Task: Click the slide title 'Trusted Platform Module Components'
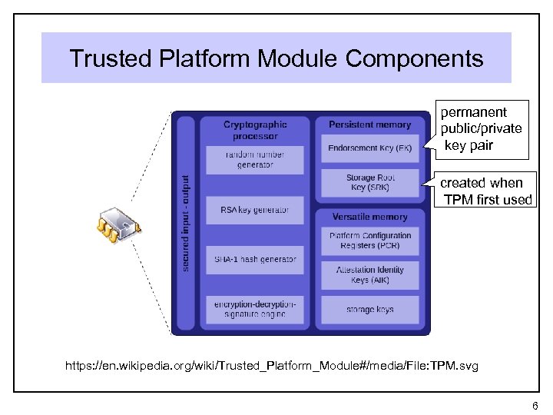pos(276,58)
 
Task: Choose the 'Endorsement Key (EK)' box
pos(369,148)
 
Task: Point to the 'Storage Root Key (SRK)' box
pos(369,182)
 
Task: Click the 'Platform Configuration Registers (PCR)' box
pos(369,241)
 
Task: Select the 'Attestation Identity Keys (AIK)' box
pos(369,275)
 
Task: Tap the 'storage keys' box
pos(369,309)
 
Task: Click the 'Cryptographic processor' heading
pos(255,130)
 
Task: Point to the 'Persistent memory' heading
pos(369,124)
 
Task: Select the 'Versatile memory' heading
pos(369,217)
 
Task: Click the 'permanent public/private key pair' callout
pos(481,128)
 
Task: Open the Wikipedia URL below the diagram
pos(272,366)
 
